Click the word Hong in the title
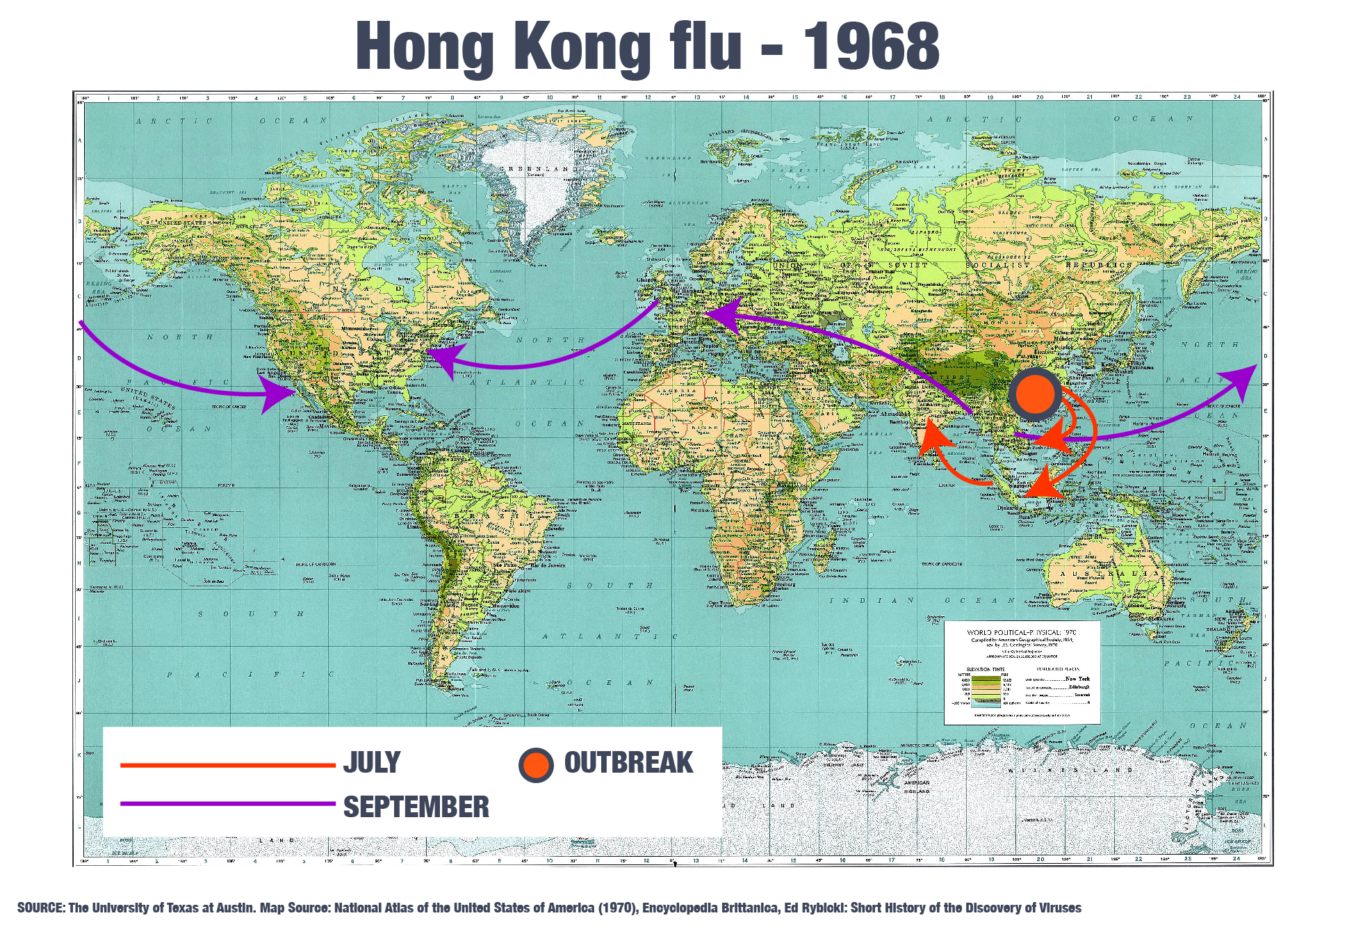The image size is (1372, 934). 425,46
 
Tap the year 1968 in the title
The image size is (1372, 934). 870,46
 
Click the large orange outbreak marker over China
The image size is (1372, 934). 1035,394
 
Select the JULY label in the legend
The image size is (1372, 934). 371,762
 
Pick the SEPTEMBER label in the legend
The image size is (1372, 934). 416,807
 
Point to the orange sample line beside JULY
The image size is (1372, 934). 227,765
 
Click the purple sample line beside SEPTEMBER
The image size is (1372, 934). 227,804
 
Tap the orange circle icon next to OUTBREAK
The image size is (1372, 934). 536,764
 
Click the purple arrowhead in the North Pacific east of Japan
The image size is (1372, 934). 1241,380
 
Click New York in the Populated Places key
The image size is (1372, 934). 1077,678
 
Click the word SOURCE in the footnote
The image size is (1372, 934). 40,908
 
